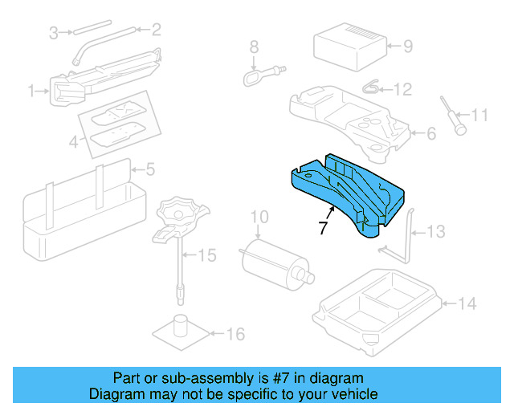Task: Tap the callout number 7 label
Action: point(323,229)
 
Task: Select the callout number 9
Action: point(407,46)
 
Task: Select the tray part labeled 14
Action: point(377,309)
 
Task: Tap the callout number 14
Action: point(467,303)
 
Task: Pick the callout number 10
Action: point(259,217)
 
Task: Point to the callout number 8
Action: point(254,47)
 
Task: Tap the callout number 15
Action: point(207,256)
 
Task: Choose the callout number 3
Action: point(54,32)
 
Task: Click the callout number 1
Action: point(32,92)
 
